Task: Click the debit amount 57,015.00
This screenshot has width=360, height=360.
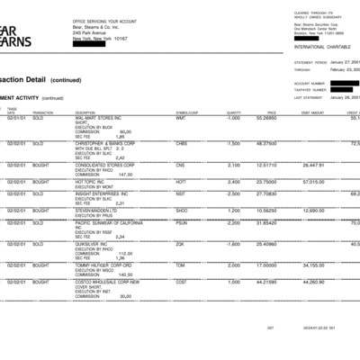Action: tap(313, 182)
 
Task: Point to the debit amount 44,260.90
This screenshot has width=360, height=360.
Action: tap(313, 282)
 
